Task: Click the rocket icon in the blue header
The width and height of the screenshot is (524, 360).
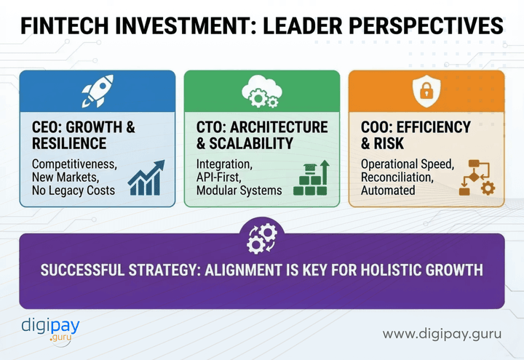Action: tap(97, 91)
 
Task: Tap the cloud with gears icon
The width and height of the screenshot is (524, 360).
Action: tap(261, 91)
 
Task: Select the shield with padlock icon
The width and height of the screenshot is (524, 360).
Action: tap(426, 91)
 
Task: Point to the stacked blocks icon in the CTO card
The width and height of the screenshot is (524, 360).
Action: tap(311, 179)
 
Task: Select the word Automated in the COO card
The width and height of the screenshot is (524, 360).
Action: tap(388, 191)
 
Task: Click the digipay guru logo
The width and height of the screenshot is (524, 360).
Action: tap(50, 330)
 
